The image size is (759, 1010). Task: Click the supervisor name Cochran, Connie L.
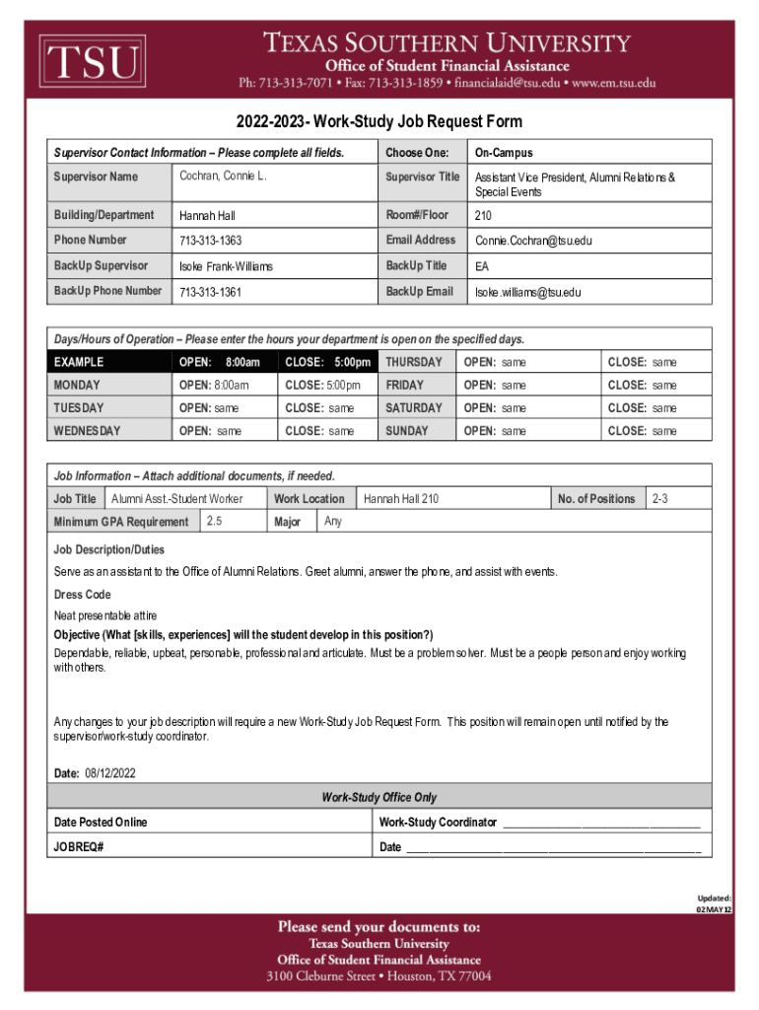click(x=223, y=176)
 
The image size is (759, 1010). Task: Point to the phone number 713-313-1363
click(x=210, y=241)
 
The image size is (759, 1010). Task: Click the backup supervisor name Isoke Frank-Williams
click(x=226, y=266)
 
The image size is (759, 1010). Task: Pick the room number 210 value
click(x=483, y=215)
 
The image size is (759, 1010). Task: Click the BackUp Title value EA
click(x=482, y=266)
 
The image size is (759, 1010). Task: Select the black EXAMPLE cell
click(x=108, y=363)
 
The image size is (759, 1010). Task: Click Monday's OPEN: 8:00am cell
click(x=214, y=386)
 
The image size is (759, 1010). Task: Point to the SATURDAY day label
click(x=414, y=408)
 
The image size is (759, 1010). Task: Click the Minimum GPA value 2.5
click(x=214, y=520)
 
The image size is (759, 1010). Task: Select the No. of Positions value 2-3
click(x=658, y=499)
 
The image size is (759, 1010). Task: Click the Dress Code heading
click(x=82, y=595)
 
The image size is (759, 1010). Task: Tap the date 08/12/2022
click(x=110, y=773)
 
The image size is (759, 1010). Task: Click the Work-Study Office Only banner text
click(x=379, y=797)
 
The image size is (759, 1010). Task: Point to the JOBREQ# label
click(x=79, y=847)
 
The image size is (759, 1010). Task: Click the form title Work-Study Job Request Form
click(x=379, y=122)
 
